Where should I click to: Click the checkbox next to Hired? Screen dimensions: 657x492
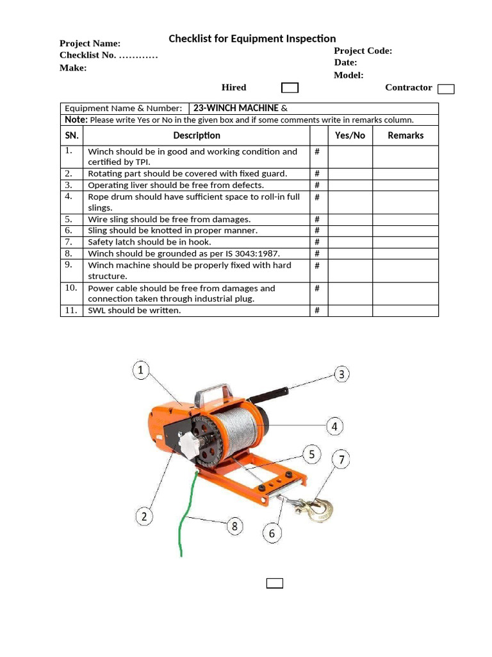(290, 88)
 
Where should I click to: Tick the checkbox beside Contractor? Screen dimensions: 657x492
(446, 89)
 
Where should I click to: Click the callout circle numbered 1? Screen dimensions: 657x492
(142, 370)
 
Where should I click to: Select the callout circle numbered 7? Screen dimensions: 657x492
(341, 459)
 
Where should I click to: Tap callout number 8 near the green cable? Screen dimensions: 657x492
(234, 527)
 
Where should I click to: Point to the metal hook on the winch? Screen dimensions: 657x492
(318, 509)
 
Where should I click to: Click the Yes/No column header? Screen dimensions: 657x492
(350, 135)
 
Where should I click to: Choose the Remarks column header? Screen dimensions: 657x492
(406, 135)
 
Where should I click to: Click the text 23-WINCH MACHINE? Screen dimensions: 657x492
(236, 108)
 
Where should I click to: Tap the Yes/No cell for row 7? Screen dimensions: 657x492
(350, 242)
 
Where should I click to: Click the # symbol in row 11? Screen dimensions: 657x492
(317, 311)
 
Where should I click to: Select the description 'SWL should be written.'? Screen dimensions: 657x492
(135, 311)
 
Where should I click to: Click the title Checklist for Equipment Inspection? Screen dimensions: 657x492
(252, 39)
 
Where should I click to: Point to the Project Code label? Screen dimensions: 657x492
(363, 51)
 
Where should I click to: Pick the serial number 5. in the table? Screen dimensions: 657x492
(69, 219)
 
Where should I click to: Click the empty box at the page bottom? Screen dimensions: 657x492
(275, 583)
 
